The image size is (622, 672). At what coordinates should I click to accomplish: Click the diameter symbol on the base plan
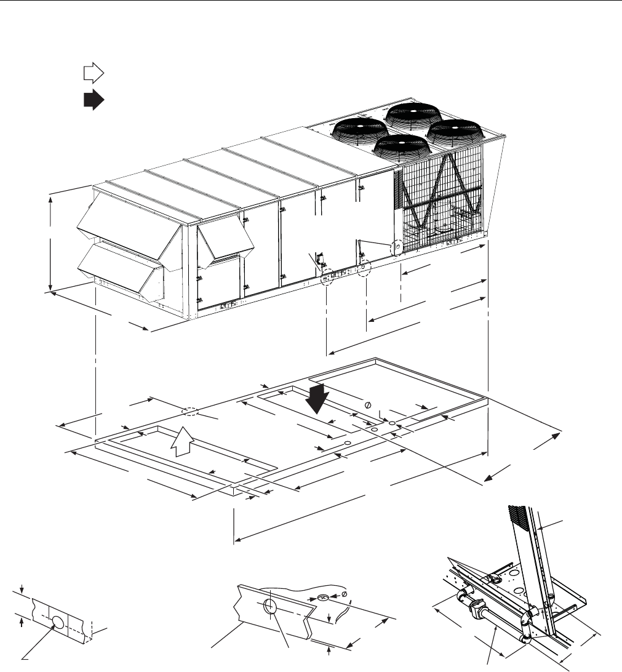(368, 404)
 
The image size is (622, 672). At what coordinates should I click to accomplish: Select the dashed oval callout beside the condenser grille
(397, 246)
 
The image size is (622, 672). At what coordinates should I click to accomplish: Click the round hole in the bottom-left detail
(57, 624)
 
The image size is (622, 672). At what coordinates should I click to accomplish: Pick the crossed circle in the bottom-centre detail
(324, 596)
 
